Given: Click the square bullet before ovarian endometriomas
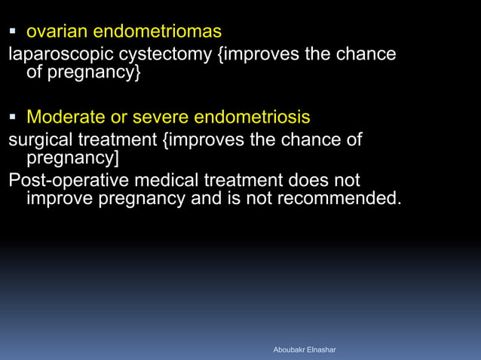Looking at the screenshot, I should tap(14, 32).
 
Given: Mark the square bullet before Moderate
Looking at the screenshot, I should tap(14, 117).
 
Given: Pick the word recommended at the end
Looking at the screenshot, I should tap(339, 200).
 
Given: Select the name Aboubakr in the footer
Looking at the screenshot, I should tap(291, 350).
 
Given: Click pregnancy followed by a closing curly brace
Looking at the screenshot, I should tap(86, 75).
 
